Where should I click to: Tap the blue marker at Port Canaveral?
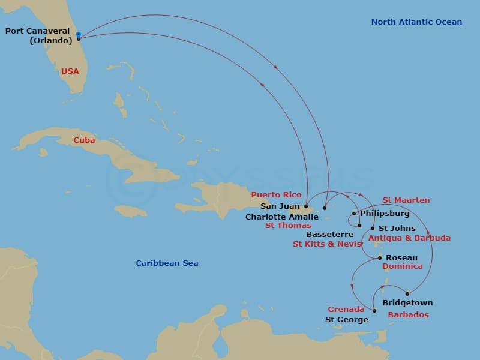(79, 34)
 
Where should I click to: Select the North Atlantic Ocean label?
(416, 22)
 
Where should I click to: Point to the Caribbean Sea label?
(167, 263)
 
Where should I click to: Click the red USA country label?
(70, 71)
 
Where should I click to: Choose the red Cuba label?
(84, 140)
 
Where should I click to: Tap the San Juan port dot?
(306, 206)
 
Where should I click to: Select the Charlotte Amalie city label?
(281, 217)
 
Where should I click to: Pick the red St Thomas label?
(288, 226)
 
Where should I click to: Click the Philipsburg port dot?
(355, 214)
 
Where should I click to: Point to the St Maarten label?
(406, 200)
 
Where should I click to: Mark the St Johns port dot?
(373, 229)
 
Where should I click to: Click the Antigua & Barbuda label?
(409, 238)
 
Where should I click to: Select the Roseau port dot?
(380, 258)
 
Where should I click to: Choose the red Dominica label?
(403, 266)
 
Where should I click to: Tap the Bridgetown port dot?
(408, 293)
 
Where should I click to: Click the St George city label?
(347, 320)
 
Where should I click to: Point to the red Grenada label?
(346, 310)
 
